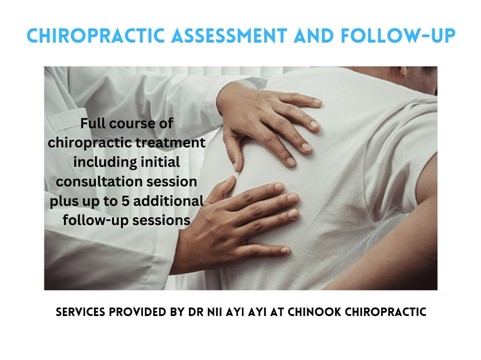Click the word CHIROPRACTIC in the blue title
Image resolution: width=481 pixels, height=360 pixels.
pyautogui.click(x=96, y=36)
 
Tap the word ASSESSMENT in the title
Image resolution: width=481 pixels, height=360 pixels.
pyautogui.click(x=229, y=36)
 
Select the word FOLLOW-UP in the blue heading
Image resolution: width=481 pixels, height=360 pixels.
pyautogui.click(x=398, y=36)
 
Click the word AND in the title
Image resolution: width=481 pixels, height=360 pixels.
pyautogui.click(x=314, y=36)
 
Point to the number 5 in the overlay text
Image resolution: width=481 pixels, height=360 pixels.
pyautogui.click(x=125, y=201)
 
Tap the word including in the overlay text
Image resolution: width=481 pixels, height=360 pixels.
pyautogui.click(x=105, y=163)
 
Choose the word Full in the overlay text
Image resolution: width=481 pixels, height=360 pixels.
pyautogui.click(x=93, y=123)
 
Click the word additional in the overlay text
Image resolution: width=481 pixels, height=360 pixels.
pyautogui.click(x=168, y=201)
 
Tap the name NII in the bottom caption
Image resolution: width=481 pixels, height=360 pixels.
pyautogui.click(x=214, y=312)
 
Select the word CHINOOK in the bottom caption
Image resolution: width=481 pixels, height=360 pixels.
pyautogui.click(x=314, y=312)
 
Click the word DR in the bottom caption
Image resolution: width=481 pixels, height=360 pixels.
pyautogui.click(x=196, y=312)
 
